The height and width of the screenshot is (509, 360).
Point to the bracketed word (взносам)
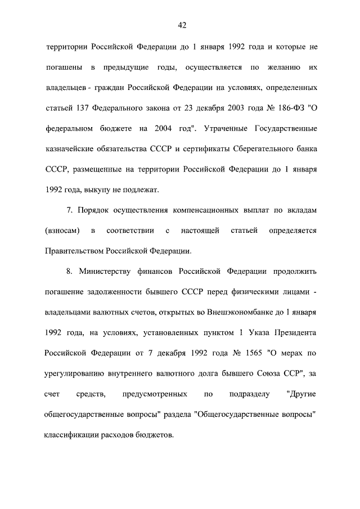pos(61,231)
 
